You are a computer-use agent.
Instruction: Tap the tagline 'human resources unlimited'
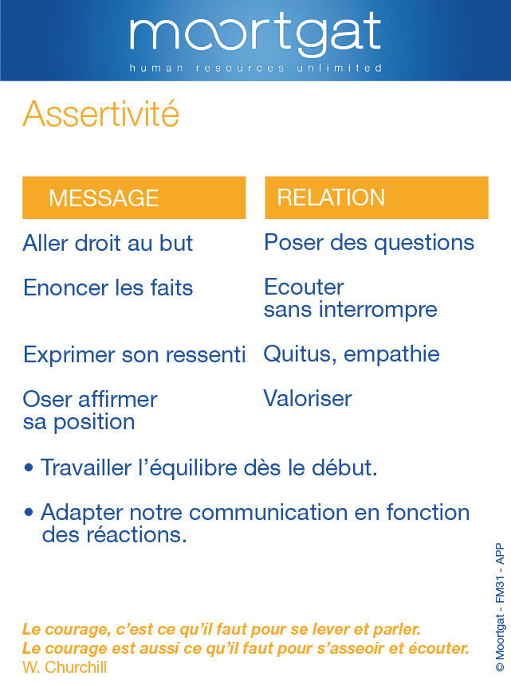click(x=255, y=68)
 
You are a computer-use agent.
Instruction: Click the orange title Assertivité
click(x=101, y=114)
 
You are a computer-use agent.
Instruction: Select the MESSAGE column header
click(x=134, y=197)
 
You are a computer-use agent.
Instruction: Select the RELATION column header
click(x=376, y=197)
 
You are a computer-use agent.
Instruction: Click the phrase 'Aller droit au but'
click(x=108, y=243)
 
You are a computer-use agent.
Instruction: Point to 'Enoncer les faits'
click(x=108, y=288)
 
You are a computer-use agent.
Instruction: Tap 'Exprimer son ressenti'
click(x=134, y=354)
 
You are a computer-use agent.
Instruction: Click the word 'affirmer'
click(x=117, y=399)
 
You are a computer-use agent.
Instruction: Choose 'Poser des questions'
click(x=369, y=242)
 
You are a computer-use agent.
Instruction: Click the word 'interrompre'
click(x=378, y=309)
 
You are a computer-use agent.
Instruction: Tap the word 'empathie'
click(x=391, y=354)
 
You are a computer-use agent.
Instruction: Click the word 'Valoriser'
click(x=308, y=398)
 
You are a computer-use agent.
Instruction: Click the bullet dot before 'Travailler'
click(x=29, y=468)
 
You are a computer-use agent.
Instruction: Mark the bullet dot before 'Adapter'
click(x=29, y=512)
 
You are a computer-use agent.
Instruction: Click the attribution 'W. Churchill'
click(x=65, y=667)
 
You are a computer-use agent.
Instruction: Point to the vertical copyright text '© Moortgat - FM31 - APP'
click(x=500, y=608)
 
